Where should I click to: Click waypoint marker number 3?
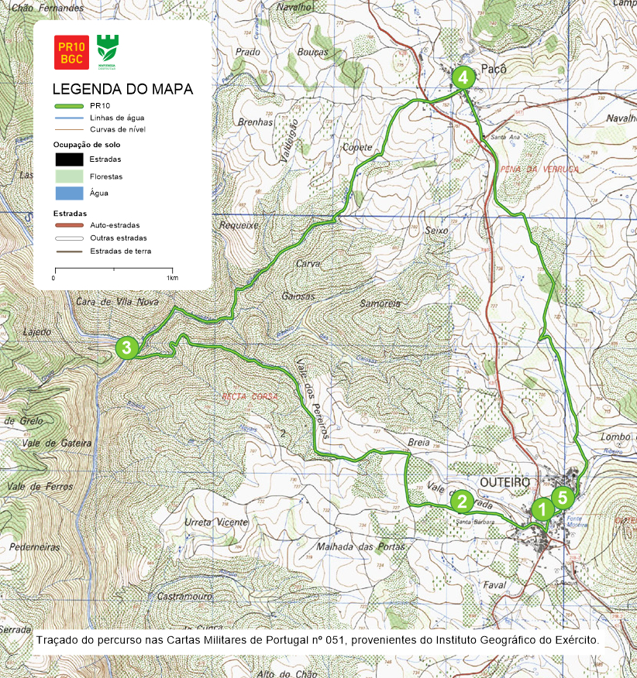[126, 348]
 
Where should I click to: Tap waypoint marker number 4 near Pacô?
[463, 77]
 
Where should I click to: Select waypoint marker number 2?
[462, 502]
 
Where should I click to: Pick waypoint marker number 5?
[563, 496]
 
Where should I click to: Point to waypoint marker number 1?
[542, 509]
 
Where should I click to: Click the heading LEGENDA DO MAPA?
[122, 89]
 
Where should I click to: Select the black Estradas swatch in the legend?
[69, 159]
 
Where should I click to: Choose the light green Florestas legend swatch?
[69, 176]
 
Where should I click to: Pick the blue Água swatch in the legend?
[69, 193]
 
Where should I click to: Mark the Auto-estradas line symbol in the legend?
[69, 225]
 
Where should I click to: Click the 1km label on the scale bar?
[172, 277]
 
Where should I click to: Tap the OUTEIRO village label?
[505, 482]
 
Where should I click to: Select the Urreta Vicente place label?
[217, 522]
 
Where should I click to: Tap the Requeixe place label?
[239, 225]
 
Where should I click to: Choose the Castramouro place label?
[185, 597]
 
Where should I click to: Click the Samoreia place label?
[380, 303]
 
